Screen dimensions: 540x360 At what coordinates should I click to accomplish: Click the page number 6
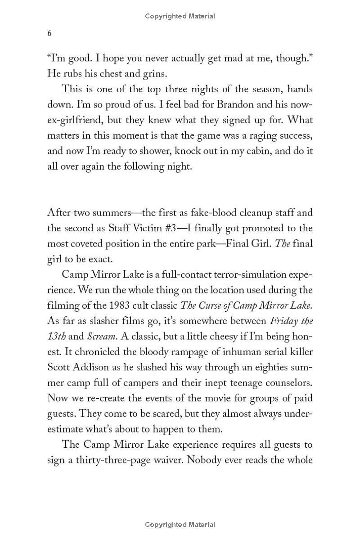49,34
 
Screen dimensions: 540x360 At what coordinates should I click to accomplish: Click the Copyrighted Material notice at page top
180,16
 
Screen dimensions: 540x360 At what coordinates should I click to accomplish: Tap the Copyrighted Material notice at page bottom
180,525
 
